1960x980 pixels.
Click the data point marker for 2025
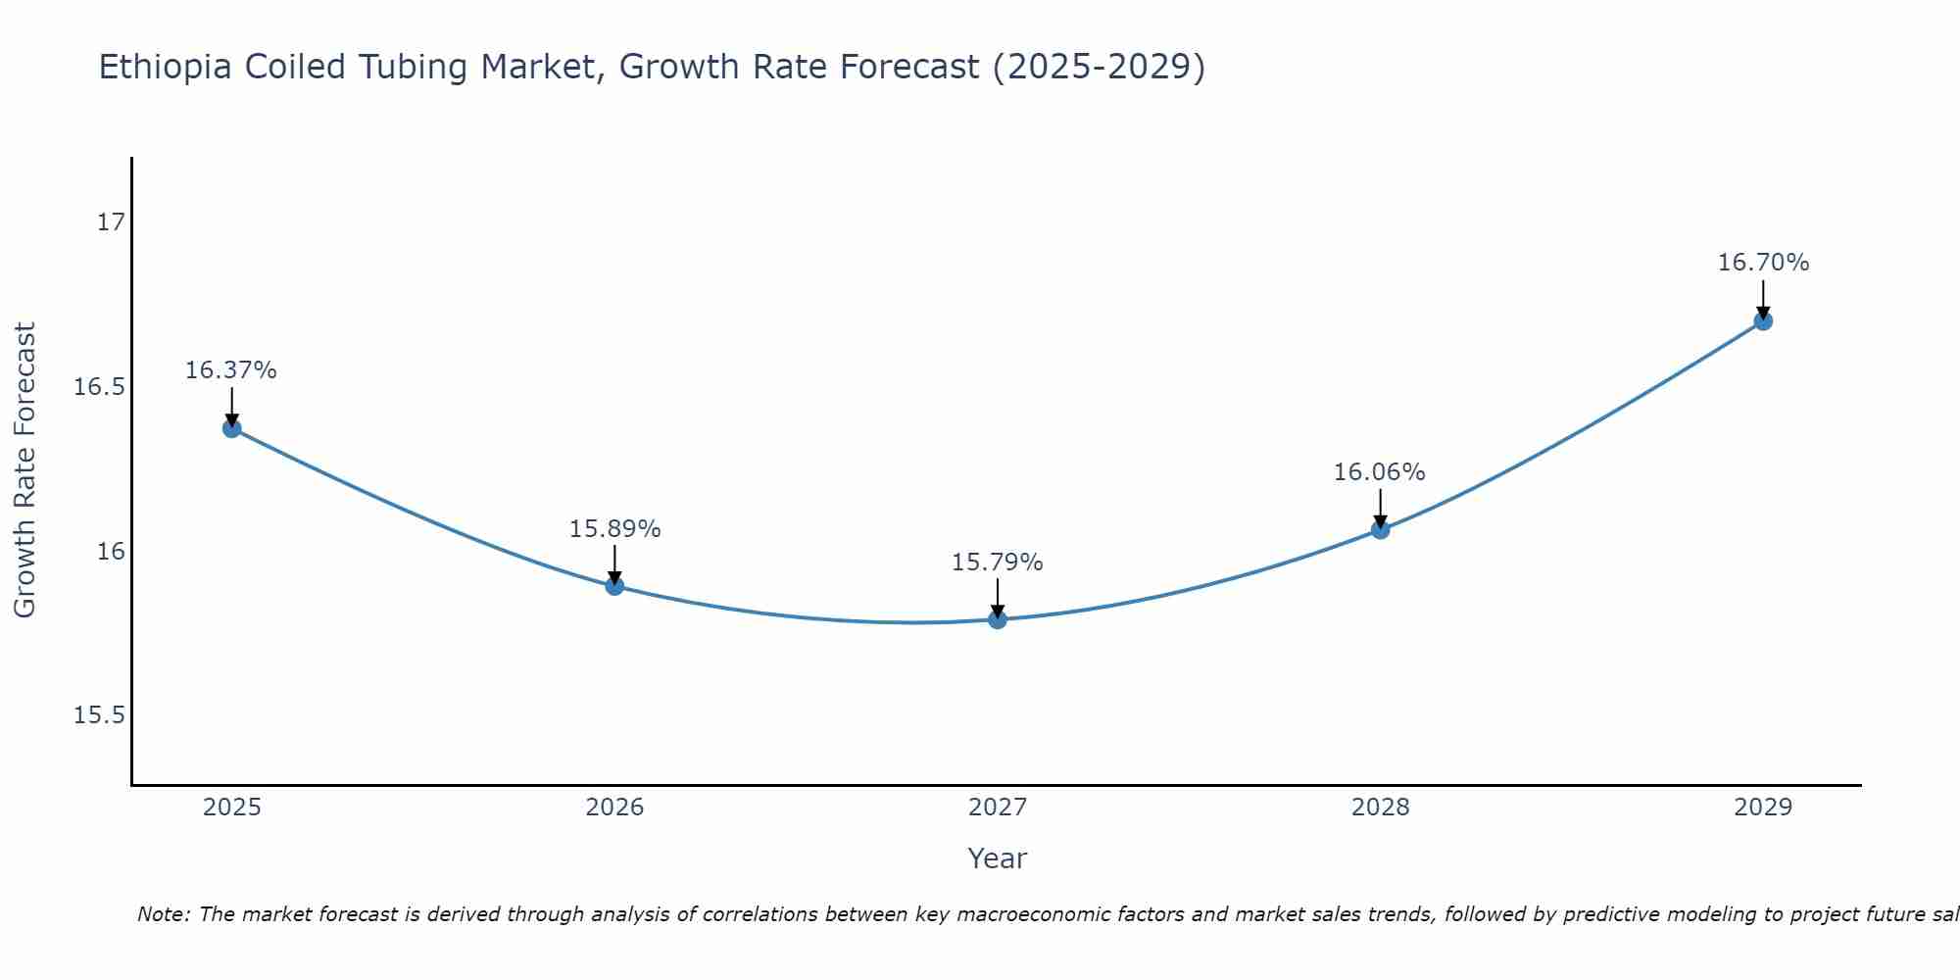tap(232, 428)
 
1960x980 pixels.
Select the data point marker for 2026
tap(614, 586)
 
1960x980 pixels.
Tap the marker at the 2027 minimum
tap(998, 619)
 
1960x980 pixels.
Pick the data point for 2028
tap(1380, 530)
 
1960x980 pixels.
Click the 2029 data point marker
tap(1763, 320)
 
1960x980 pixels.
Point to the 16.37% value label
tap(231, 370)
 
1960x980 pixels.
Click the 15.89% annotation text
tap(614, 529)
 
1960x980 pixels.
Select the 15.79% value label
tap(997, 563)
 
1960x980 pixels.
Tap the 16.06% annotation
tap(1379, 472)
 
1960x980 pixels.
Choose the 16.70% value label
tap(1763, 263)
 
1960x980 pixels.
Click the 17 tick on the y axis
tap(112, 222)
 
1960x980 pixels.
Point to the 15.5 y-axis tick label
tap(100, 715)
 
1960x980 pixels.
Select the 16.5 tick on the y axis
tap(100, 387)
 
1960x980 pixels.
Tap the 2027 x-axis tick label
tap(998, 808)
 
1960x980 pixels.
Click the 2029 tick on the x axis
tap(1763, 808)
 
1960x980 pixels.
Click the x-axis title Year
tap(997, 858)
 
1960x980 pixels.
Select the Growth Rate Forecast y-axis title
tap(24, 470)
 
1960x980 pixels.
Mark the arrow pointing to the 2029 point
tap(1763, 299)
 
